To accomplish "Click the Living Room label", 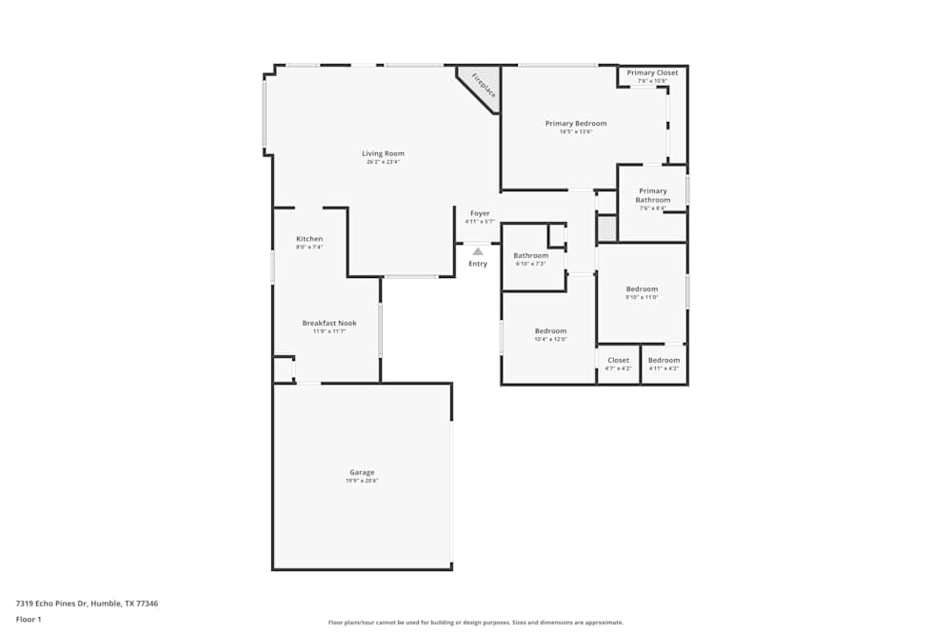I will point(383,153).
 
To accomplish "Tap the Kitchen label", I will point(309,239).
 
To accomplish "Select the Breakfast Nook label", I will point(329,323).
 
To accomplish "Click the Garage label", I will point(362,472).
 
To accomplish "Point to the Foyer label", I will point(480,213).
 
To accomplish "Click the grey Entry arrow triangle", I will point(478,251).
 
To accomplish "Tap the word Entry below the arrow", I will point(478,264).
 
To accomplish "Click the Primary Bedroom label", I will point(576,123).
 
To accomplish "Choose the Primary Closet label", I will point(652,72).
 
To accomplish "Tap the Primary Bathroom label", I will point(653,195).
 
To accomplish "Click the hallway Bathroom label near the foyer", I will point(531,255).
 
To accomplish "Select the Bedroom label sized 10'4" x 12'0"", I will point(550,330).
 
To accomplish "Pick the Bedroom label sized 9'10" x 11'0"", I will point(642,288).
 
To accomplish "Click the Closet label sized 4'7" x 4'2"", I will point(619,360).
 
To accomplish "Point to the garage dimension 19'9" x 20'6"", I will point(362,481).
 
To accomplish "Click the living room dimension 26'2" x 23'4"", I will point(383,162).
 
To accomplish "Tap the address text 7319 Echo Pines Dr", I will point(86,603).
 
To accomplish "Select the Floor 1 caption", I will point(29,619).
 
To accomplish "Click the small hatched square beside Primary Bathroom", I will point(606,228).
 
